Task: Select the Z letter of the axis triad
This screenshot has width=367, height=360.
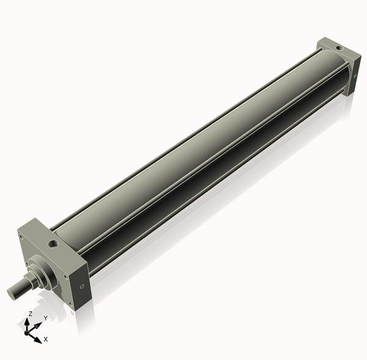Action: point(30,313)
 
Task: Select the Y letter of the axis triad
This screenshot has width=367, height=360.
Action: point(45,318)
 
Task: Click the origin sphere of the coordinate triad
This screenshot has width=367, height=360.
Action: point(27,332)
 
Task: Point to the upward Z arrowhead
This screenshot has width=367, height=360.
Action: point(27,320)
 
